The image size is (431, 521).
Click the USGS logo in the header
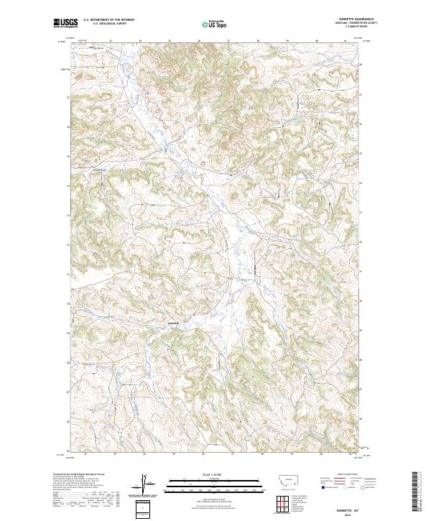[65, 23]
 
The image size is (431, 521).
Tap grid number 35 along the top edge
[169, 42]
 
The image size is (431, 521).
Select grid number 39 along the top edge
[287, 42]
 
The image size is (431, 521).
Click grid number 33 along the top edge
[110, 42]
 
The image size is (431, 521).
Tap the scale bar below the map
[214, 484]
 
